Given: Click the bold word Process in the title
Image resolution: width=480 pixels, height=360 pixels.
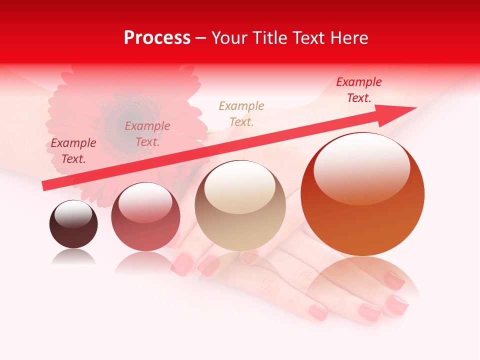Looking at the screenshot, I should click(157, 38).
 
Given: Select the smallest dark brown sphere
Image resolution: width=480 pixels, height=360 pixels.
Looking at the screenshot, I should click(73, 224).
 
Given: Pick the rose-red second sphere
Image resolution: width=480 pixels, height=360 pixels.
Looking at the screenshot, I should click(145, 217).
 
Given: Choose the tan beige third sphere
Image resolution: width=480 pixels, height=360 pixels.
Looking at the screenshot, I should click(240, 206).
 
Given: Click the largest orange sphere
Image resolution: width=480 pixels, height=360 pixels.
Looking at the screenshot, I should click(362, 195).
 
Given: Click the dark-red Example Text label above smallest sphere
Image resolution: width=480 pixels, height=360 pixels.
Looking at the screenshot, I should click(73, 151).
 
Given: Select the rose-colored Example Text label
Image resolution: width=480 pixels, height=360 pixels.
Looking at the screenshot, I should click(147, 134).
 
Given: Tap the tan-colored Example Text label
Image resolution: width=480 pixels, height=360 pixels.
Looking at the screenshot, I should click(241, 114).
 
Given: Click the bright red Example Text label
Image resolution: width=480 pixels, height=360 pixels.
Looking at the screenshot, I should click(359, 90).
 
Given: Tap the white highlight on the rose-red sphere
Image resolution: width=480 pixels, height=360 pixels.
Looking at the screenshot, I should click(145, 201).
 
